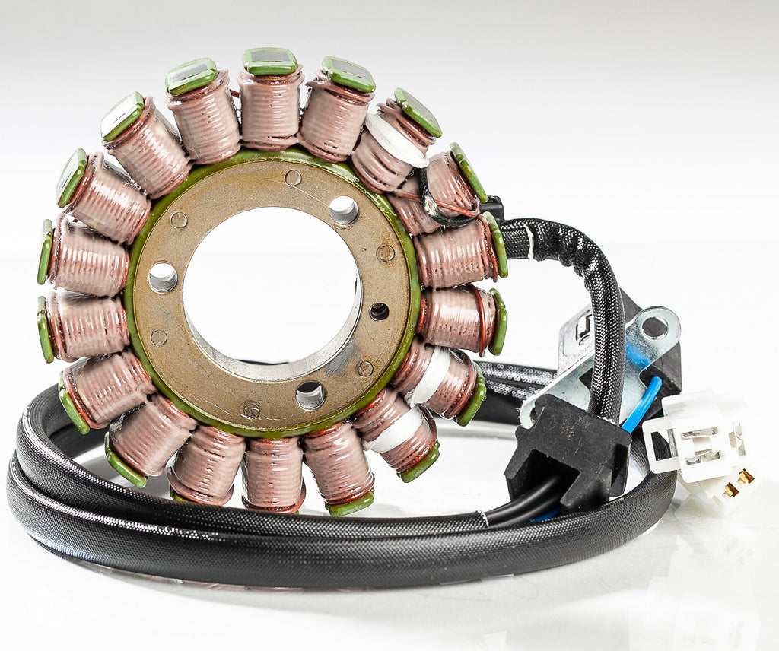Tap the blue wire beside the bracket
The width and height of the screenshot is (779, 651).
(x=641, y=405)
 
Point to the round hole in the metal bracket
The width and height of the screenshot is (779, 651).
(x=654, y=327)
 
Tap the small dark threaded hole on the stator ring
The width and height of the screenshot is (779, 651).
(x=378, y=311)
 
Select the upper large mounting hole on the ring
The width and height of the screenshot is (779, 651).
(x=343, y=210)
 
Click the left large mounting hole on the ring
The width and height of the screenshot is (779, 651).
(x=162, y=278)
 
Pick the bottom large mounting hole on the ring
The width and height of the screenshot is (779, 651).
(x=310, y=395)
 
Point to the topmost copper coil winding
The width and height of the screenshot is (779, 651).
(x=270, y=106)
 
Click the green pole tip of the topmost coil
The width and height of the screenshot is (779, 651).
(x=270, y=61)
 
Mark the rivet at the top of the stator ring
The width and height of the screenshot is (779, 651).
(x=293, y=178)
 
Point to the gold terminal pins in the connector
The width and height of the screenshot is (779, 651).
(x=736, y=484)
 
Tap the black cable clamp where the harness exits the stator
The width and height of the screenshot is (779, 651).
(x=491, y=207)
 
